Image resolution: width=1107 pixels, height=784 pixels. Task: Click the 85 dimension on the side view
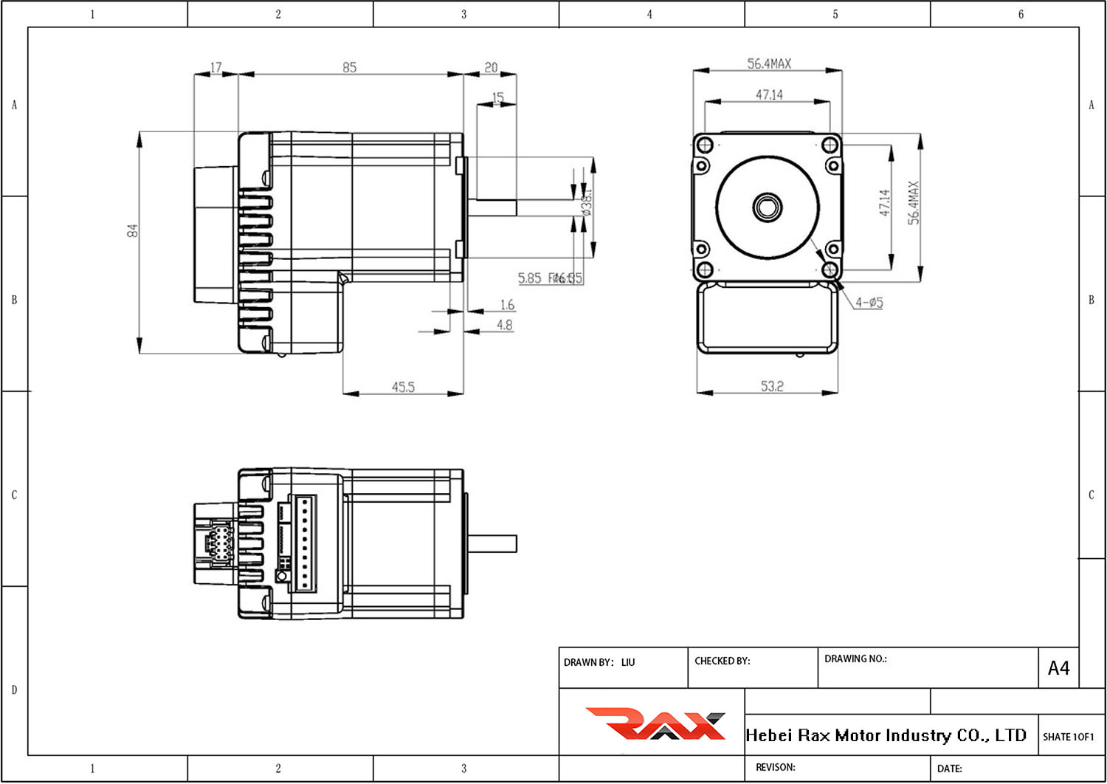coord(349,67)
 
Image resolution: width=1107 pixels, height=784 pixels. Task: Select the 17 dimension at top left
coord(215,67)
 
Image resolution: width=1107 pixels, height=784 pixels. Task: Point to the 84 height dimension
coord(133,230)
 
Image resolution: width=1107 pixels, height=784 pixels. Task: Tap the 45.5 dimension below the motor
coord(403,387)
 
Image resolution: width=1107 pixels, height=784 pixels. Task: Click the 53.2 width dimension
coord(772,386)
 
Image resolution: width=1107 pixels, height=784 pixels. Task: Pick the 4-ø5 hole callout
coord(869,303)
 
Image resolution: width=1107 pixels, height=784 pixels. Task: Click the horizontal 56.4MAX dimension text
coord(769,64)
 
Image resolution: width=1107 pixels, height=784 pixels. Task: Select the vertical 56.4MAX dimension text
coord(914,203)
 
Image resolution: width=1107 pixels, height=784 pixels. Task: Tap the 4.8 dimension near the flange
coord(505,325)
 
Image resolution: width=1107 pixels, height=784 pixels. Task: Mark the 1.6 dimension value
coord(507,305)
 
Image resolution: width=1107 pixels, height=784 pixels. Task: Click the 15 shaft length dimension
coord(497,97)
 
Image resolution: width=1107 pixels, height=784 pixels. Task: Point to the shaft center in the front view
coord(767,207)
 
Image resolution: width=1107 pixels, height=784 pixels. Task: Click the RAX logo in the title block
coord(655,723)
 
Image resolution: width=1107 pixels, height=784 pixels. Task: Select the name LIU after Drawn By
coord(627,662)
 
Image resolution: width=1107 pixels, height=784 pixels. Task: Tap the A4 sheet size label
coord(1058,668)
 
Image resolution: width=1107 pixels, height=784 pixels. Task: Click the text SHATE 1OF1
coord(1068,737)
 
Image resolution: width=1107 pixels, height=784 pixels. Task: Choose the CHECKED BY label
coord(722,661)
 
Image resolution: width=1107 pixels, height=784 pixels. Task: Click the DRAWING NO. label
coord(855,659)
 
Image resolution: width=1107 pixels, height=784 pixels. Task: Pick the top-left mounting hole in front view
coord(704,144)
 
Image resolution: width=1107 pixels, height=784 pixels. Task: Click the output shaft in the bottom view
coord(492,544)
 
